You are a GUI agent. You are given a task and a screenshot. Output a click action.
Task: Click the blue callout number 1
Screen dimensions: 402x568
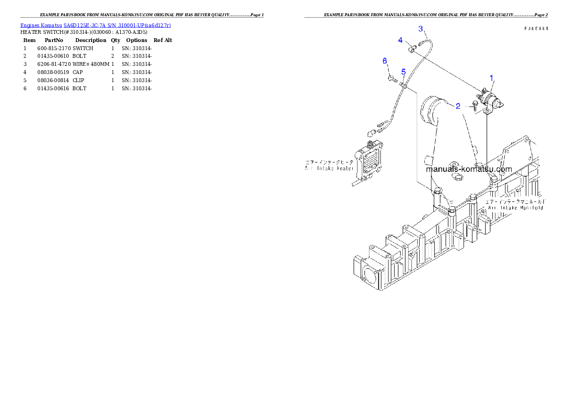point(492,77)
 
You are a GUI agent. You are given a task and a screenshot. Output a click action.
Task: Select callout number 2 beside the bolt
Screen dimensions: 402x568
point(458,106)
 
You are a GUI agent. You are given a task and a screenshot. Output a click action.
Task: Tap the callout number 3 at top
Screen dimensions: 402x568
point(421,29)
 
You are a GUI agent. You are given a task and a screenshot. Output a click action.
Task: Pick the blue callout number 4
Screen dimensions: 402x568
point(401,40)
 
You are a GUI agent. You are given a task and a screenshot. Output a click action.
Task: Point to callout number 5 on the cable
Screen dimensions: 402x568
point(403,72)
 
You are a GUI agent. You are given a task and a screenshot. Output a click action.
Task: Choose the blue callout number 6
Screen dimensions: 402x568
point(385,61)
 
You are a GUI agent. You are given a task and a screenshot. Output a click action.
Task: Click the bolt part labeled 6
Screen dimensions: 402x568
point(391,78)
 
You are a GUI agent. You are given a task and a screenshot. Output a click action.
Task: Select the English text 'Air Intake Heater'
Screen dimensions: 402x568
point(329,168)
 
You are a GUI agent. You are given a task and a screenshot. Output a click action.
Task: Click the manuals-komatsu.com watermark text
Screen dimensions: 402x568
point(468,169)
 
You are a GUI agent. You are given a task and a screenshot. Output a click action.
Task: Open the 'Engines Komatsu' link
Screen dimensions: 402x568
point(42,25)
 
